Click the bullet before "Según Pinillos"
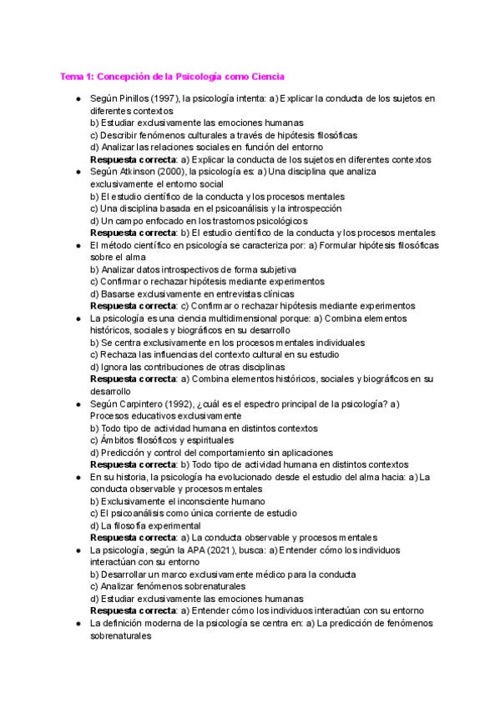pos(78,98)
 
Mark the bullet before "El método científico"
pos(78,245)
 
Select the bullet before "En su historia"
pos(78,477)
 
